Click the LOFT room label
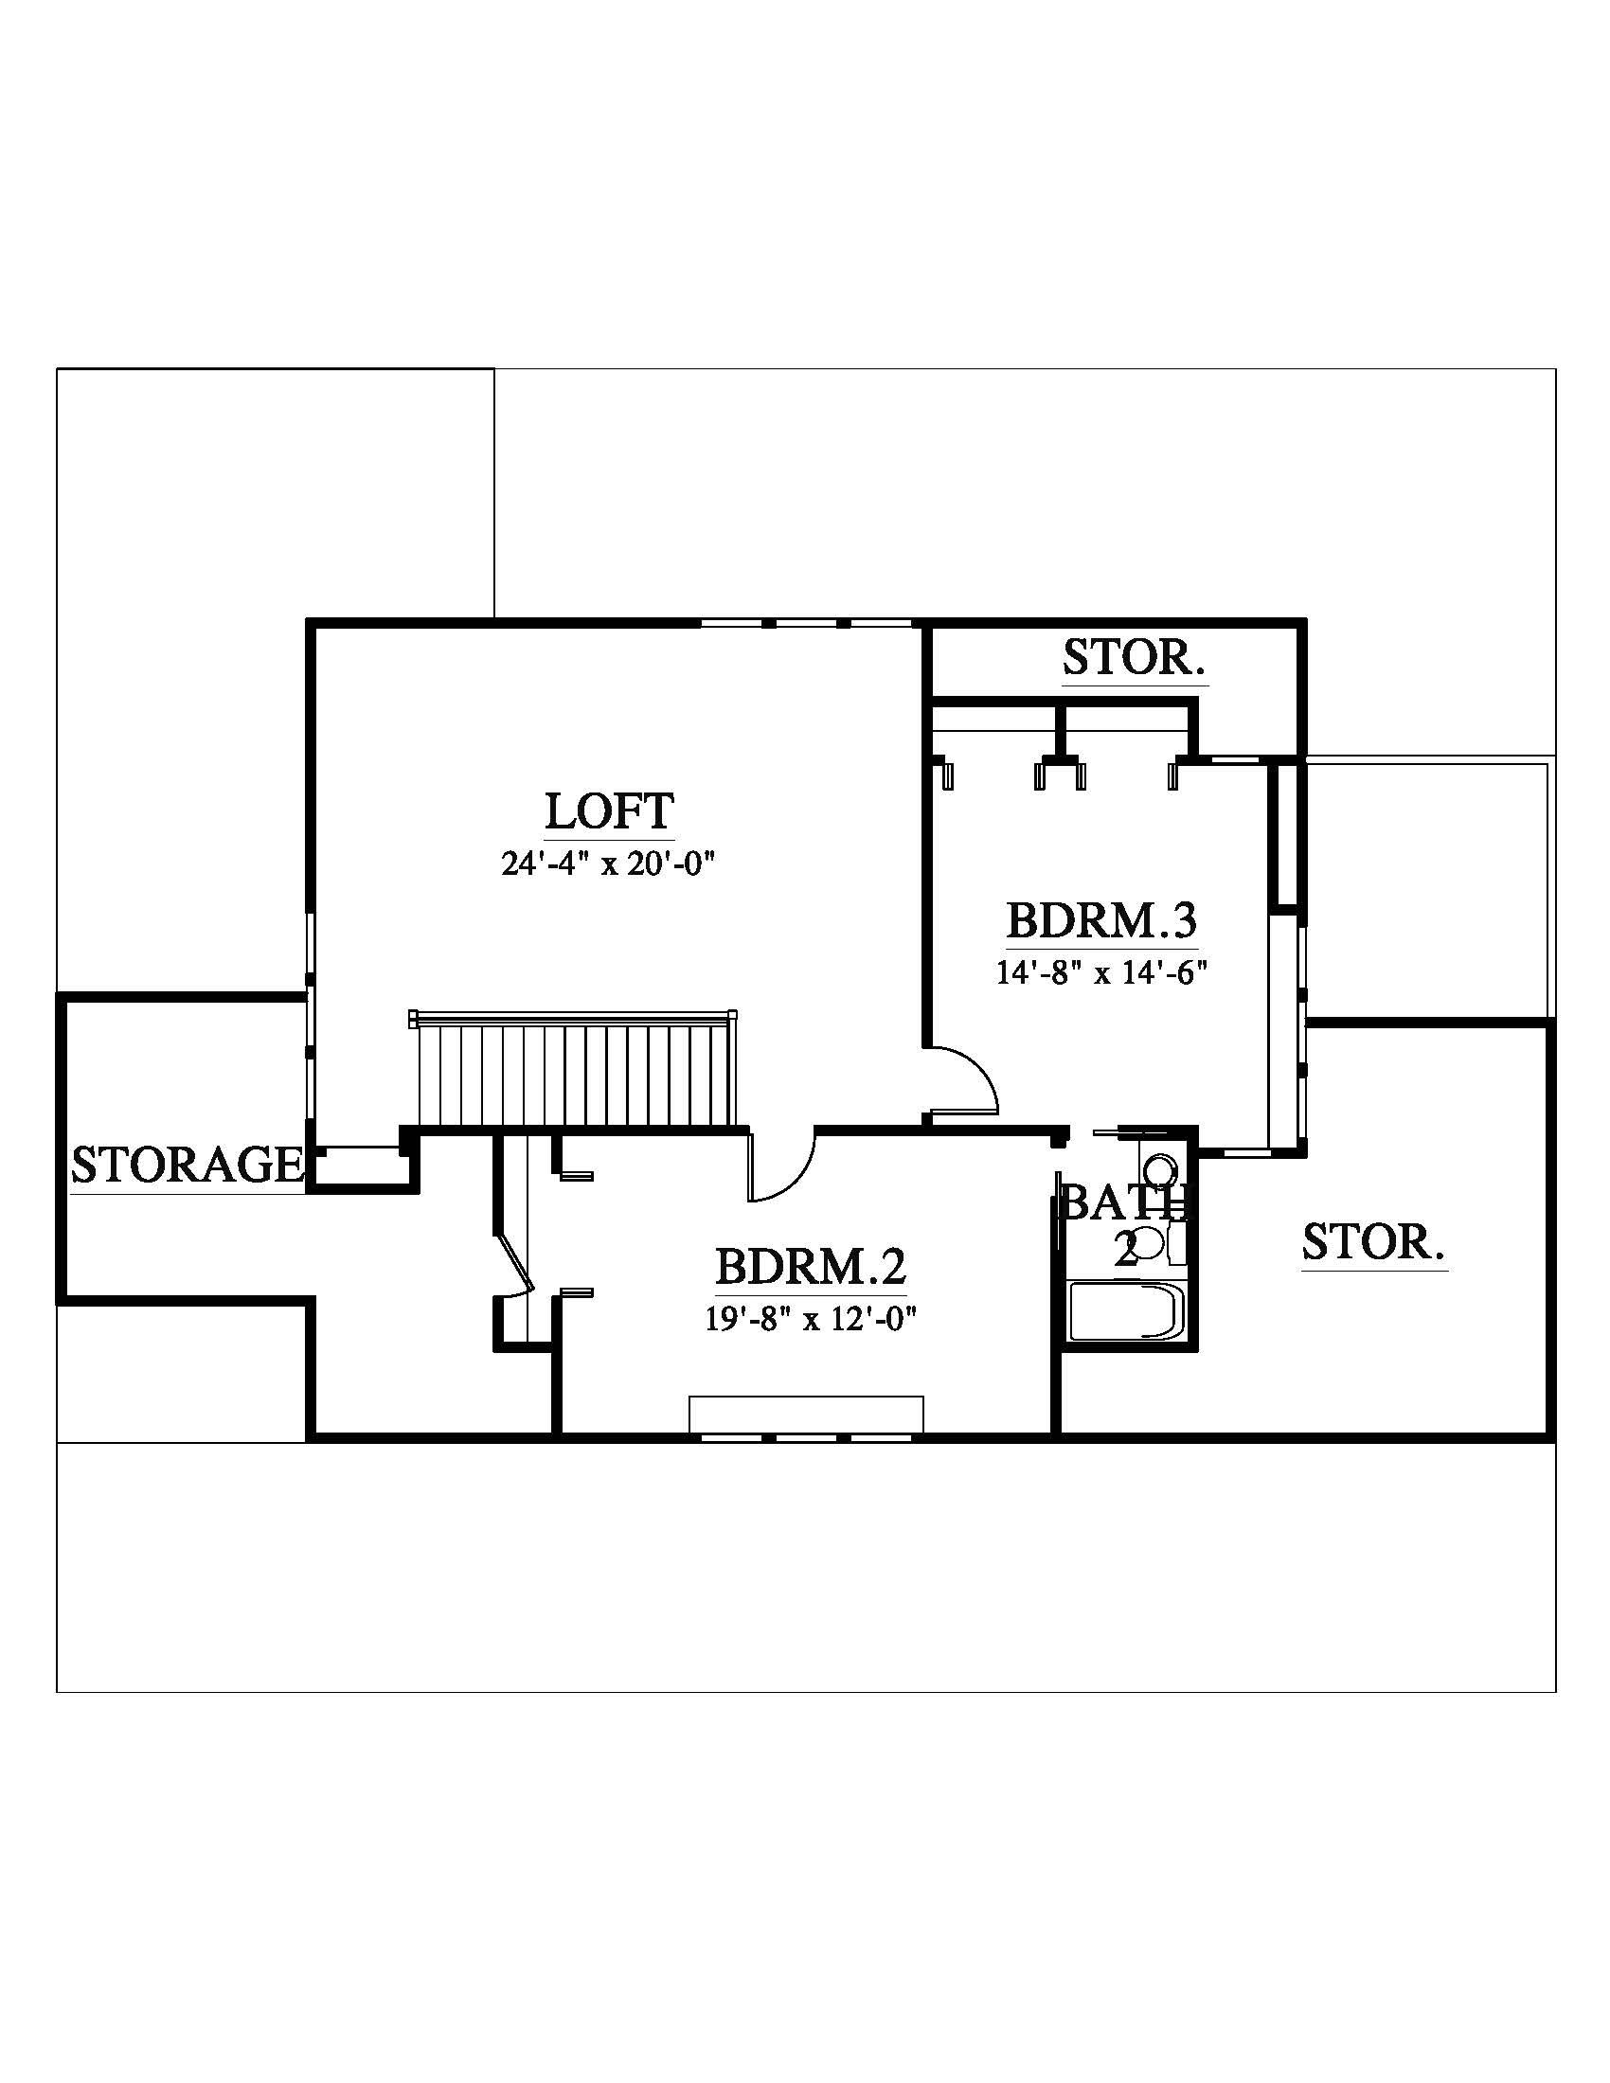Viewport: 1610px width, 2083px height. coord(609,811)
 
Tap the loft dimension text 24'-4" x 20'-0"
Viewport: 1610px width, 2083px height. coord(609,864)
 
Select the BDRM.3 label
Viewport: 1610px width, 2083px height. coord(1101,920)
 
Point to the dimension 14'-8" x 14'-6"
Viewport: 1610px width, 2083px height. coord(1101,972)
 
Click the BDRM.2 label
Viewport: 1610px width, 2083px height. coord(811,1267)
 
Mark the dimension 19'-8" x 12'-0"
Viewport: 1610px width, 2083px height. coord(811,1319)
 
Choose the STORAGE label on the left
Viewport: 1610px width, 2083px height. coord(187,1165)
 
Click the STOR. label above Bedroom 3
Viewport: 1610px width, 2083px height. coord(1134,657)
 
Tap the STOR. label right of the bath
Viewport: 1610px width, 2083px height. coord(1373,1242)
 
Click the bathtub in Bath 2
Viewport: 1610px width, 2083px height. coord(1125,1312)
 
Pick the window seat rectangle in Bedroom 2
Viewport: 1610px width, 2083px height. coord(806,1415)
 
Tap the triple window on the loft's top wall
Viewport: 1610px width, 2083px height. coord(807,625)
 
